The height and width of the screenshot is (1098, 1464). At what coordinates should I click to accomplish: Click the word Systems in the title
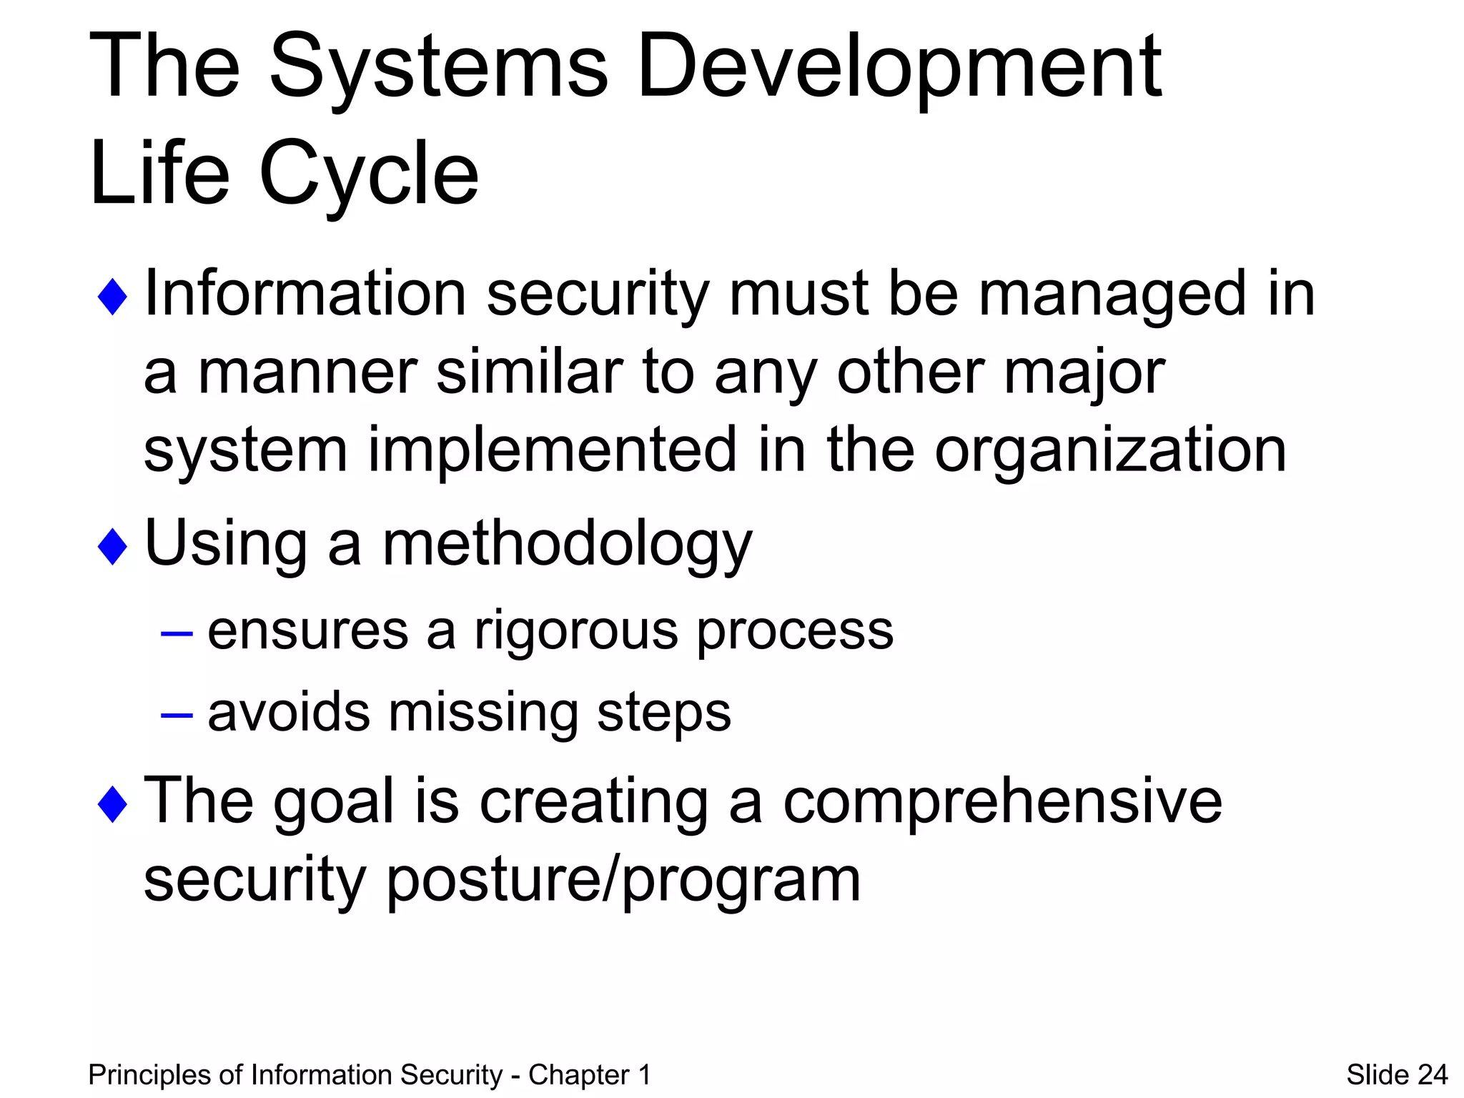[x=437, y=68]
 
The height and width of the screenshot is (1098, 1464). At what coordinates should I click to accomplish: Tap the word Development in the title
[x=899, y=68]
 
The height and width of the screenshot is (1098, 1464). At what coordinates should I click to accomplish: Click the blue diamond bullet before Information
[x=112, y=297]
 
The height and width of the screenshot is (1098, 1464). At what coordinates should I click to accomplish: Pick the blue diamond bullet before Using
[x=112, y=547]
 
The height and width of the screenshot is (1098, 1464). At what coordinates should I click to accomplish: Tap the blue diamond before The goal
[x=112, y=803]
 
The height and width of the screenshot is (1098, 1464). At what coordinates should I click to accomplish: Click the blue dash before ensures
[x=177, y=633]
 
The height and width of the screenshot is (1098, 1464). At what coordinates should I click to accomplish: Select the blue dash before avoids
[x=177, y=714]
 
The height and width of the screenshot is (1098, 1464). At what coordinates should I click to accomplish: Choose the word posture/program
[x=623, y=881]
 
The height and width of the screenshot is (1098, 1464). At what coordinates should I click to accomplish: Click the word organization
[x=1110, y=450]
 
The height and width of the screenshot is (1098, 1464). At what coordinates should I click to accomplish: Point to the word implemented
[x=552, y=450]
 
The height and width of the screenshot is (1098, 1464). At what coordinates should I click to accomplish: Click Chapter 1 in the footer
[x=589, y=1075]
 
